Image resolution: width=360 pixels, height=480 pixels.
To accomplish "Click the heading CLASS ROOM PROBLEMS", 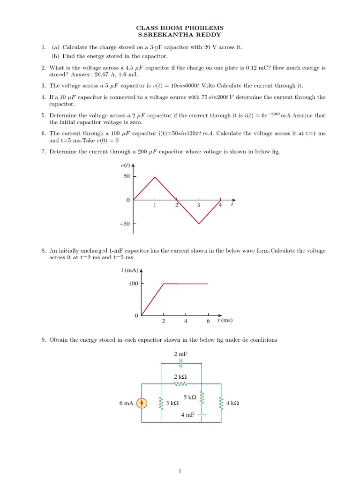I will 180,28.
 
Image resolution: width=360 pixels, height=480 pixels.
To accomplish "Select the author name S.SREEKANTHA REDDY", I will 180,35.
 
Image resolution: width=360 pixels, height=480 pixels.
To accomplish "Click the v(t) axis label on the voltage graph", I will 126,165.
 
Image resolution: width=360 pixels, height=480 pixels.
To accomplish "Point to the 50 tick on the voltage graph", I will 127,176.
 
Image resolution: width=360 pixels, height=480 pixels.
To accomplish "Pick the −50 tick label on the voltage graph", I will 124,224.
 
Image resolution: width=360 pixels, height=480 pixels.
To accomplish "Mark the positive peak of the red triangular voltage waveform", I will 155,177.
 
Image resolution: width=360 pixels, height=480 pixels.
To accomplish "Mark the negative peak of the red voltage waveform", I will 199,224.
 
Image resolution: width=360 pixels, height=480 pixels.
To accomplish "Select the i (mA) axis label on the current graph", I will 130,270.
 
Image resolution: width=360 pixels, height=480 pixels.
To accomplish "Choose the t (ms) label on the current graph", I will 225,321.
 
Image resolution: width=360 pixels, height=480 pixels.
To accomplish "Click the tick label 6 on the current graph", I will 208,321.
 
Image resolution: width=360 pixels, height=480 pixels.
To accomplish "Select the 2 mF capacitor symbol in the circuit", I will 180,363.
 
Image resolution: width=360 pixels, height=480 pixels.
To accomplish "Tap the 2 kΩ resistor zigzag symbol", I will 180,383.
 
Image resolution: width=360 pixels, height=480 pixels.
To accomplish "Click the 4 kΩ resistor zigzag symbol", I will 221,403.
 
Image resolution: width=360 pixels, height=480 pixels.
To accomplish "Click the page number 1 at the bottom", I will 180,471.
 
